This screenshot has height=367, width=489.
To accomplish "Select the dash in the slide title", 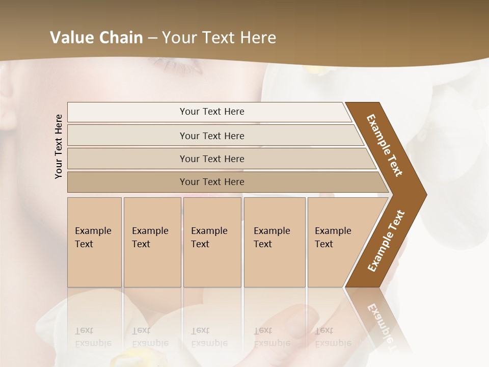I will (x=152, y=38).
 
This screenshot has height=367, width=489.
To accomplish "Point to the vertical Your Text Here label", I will (x=59, y=146).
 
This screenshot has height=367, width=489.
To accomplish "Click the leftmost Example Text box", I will (x=94, y=242).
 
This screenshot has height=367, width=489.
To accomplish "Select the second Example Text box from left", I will (x=152, y=242).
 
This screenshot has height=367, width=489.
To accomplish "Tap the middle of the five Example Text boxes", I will (x=212, y=242).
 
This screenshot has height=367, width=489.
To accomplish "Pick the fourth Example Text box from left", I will (x=274, y=242).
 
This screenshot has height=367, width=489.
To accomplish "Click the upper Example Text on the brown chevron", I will (x=385, y=145).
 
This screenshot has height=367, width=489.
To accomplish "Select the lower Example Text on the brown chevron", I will (x=386, y=241).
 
